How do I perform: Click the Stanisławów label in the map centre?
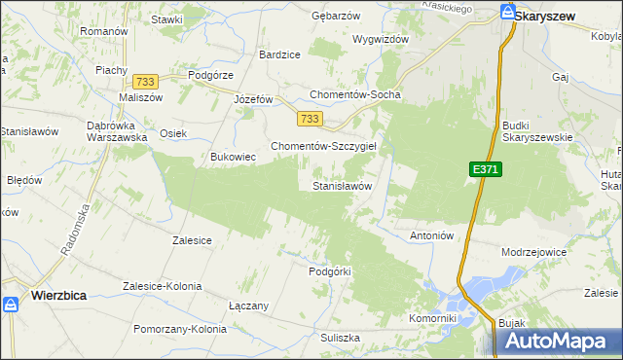click(x=343, y=185)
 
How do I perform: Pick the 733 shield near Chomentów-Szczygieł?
click(x=310, y=119)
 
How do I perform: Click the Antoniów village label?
click(x=432, y=236)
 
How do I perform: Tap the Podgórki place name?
click(x=328, y=271)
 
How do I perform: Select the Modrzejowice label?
click(x=533, y=251)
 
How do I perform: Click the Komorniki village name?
click(x=432, y=318)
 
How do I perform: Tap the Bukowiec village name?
click(x=233, y=156)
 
